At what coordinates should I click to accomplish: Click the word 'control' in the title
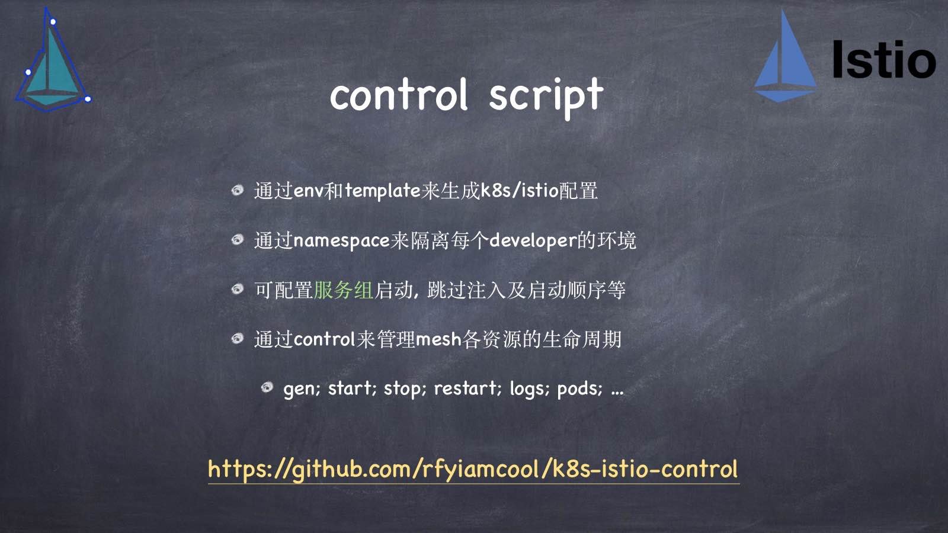coord(399,95)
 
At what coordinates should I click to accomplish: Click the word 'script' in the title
coord(546,97)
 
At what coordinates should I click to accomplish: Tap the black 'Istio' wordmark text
coord(883,60)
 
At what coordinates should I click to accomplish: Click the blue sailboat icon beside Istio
coord(785,59)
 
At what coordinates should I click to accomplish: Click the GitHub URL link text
coord(473,469)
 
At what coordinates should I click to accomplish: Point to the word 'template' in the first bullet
coord(383,191)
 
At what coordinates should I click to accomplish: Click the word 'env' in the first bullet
coord(308,191)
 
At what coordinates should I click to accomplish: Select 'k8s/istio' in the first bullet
coord(520,191)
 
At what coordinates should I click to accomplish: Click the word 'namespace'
coord(341,240)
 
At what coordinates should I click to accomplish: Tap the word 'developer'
coord(533,240)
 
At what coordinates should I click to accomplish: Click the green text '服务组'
coord(343,290)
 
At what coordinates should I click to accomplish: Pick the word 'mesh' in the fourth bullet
coord(438,339)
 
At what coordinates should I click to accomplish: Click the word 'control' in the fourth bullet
coord(324,339)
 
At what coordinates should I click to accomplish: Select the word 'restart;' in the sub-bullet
coord(467,388)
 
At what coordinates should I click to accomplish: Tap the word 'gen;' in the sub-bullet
coord(302,388)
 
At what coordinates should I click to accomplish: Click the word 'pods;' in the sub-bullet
coord(579,388)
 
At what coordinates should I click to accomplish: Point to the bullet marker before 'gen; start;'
coord(267,387)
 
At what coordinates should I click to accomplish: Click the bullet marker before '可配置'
coord(238,289)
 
